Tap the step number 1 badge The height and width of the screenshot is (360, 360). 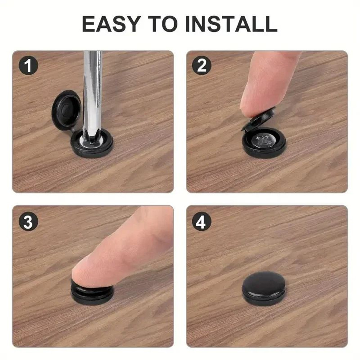tap(28, 66)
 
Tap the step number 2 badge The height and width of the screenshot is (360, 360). tap(201, 66)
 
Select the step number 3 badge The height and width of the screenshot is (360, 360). tap(28, 222)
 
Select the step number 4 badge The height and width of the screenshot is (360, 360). tap(201, 222)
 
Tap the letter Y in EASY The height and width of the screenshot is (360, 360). tap(141, 24)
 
